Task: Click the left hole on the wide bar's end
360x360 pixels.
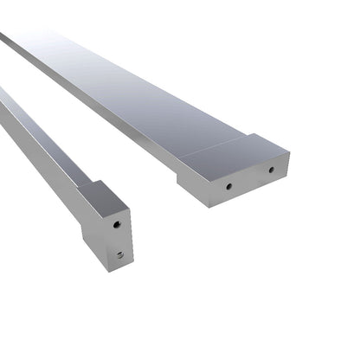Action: coord(229,185)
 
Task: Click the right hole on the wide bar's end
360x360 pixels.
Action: coord(271,170)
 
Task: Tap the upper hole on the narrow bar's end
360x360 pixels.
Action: coord(117,223)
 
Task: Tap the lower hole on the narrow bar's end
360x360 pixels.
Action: coord(120,254)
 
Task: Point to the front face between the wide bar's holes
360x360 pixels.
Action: coord(250,178)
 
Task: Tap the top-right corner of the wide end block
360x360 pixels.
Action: coord(289,156)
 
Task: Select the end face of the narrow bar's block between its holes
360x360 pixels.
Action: coord(119,239)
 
